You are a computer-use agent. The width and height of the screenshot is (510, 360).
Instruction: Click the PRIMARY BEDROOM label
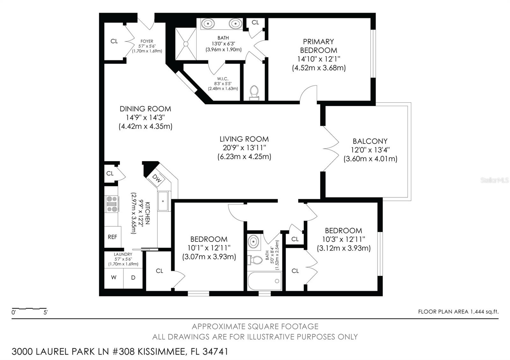point(318,46)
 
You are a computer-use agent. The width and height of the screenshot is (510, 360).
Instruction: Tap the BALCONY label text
point(370,141)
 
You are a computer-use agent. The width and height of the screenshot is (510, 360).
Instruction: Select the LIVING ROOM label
point(244,139)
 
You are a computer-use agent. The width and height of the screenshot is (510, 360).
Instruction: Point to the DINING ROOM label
point(145,109)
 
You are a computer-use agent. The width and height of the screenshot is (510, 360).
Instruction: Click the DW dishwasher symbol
point(157,179)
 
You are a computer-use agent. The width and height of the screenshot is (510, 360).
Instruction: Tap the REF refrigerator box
point(113,237)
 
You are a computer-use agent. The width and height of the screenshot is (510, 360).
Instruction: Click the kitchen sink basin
point(163,201)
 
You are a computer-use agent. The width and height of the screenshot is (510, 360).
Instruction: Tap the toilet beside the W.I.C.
point(254,93)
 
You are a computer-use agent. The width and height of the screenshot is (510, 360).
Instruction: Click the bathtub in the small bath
point(265,281)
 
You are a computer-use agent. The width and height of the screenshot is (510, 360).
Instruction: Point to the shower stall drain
point(186,44)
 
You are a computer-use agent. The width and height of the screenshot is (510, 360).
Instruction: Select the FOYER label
point(147,41)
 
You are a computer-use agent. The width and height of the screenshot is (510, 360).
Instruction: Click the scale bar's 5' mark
point(46,313)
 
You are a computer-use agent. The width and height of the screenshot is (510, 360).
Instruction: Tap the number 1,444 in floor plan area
point(477,312)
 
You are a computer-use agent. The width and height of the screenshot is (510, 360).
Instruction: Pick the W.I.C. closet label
point(223,79)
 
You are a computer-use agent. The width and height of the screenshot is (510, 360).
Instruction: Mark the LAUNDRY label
point(123,254)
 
